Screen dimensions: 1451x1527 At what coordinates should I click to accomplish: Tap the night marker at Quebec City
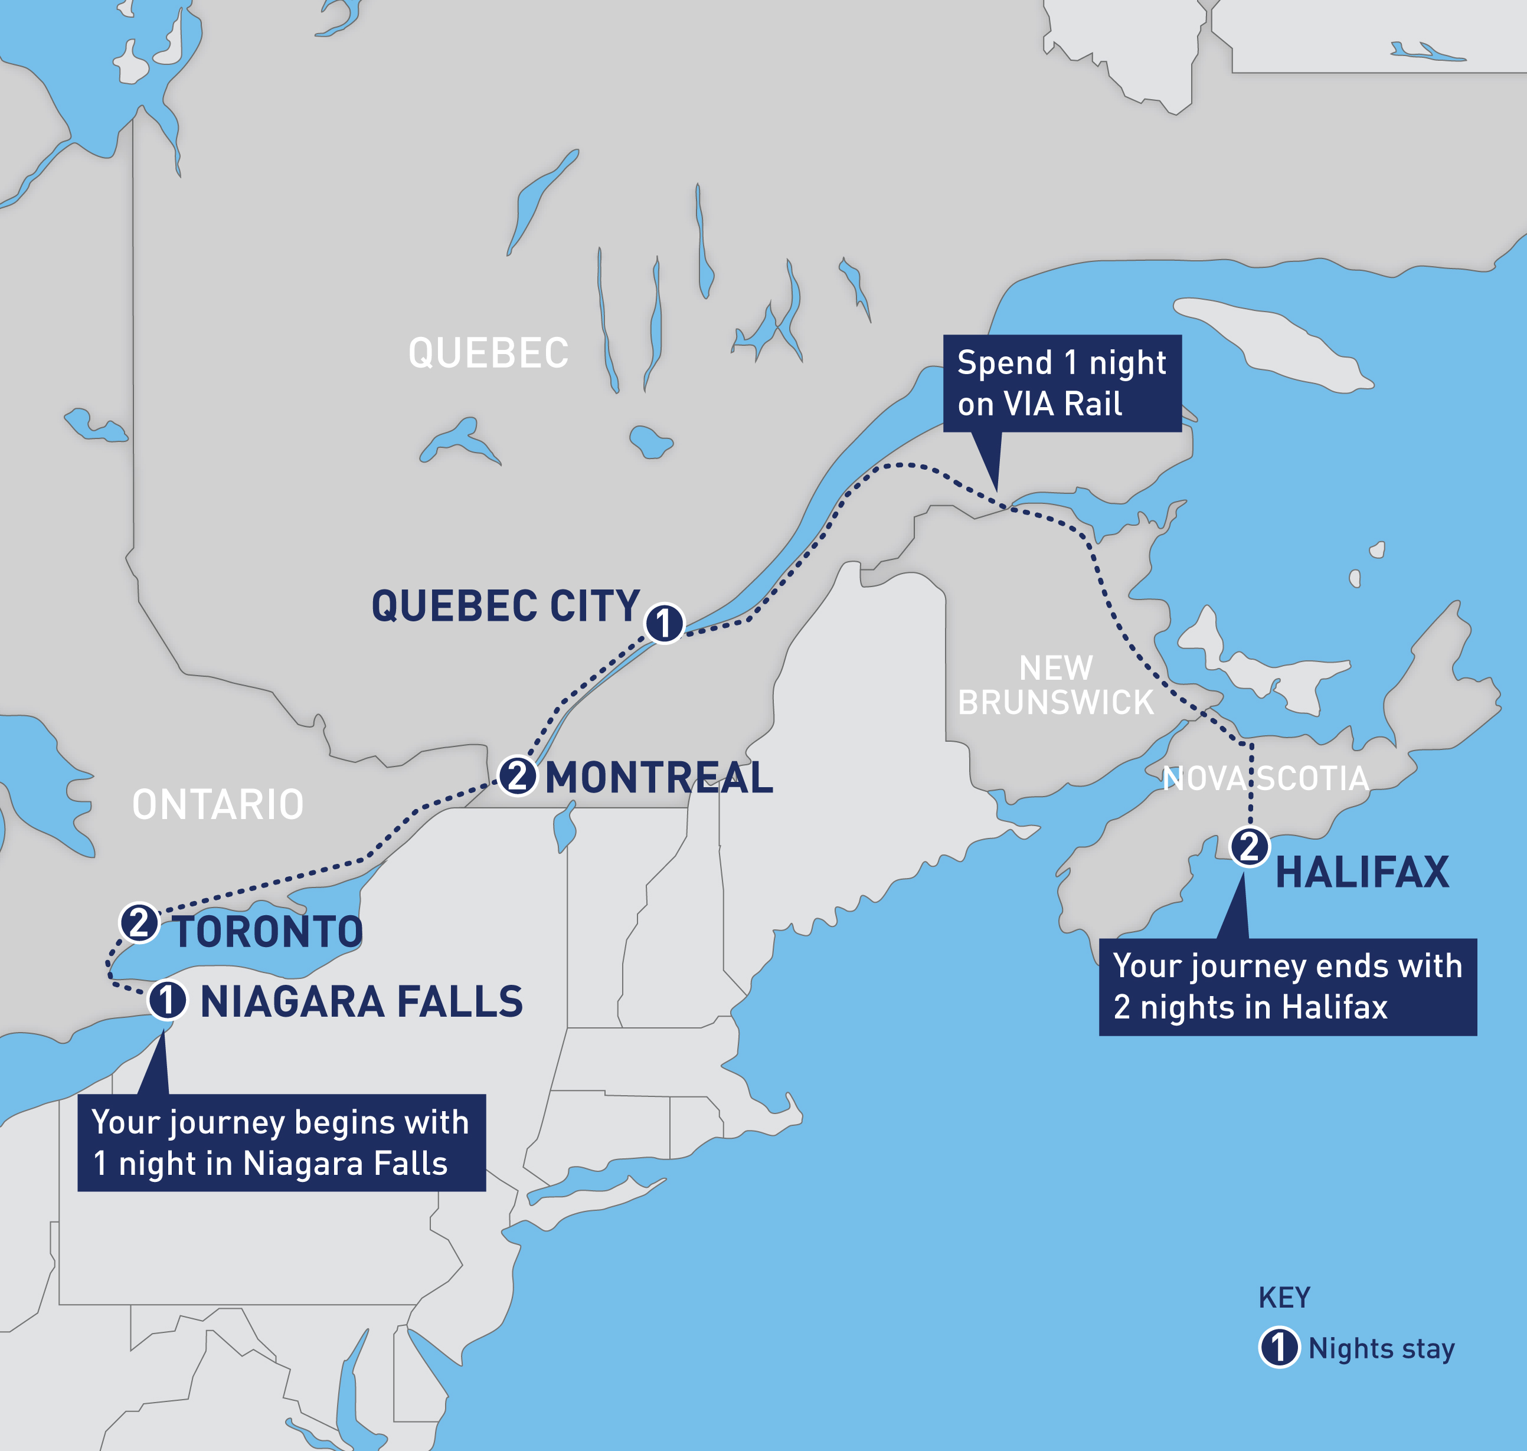pyautogui.click(x=663, y=623)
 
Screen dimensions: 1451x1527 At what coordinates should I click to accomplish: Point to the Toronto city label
pyautogui.click(x=267, y=931)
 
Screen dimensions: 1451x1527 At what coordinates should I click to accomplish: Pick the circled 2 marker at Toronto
pyautogui.click(x=139, y=923)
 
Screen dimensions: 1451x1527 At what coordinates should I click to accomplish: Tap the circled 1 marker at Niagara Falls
pyautogui.click(x=167, y=1001)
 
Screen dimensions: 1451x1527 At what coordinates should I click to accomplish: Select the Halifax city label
pyautogui.click(x=1362, y=873)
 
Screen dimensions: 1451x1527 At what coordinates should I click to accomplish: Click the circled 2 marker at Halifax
pyautogui.click(x=1250, y=847)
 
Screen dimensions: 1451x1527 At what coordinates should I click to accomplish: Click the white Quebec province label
pyautogui.click(x=488, y=353)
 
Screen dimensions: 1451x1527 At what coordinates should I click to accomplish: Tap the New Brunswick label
pyautogui.click(x=1056, y=685)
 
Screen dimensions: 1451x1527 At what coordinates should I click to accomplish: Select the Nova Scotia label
pyautogui.click(x=1266, y=778)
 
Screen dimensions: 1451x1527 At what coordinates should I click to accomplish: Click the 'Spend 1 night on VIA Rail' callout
pyautogui.click(x=1062, y=383)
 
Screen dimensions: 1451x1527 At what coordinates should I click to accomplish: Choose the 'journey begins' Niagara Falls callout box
pyautogui.click(x=282, y=1142)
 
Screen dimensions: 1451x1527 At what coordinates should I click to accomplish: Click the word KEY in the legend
pyautogui.click(x=1284, y=1297)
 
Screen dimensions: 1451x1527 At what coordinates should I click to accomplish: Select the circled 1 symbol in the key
pyautogui.click(x=1279, y=1347)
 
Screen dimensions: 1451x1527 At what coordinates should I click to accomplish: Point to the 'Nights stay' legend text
pyautogui.click(x=1382, y=1348)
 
